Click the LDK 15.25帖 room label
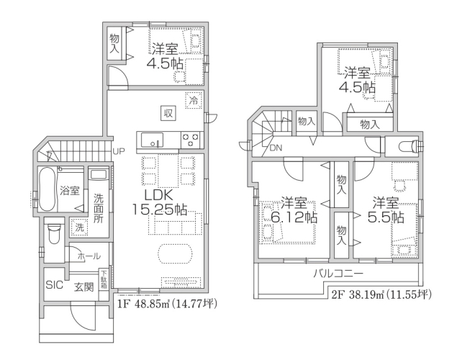[x=160, y=202]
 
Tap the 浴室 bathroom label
[x=70, y=191]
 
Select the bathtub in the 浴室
[x=47, y=189]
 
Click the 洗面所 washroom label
[x=99, y=208]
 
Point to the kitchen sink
[x=152, y=140]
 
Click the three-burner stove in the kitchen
[x=191, y=140]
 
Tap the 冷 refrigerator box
[x=194, y=101]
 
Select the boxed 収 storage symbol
[x=168, y=113]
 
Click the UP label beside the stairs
[x=119, y=151]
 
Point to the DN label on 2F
[x=276, y=148]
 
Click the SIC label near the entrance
[x=54, y=285]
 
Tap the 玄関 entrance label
[x=83, y=287]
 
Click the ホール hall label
[x=89, y=256]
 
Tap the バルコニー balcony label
[x=338, y=274]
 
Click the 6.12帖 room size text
[x=294, y=217]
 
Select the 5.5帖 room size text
[x=386, y=217]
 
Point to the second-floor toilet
[x=408, y=145]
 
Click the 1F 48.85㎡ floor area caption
[x=167, y=304]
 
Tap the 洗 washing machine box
[x=79, y=227]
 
